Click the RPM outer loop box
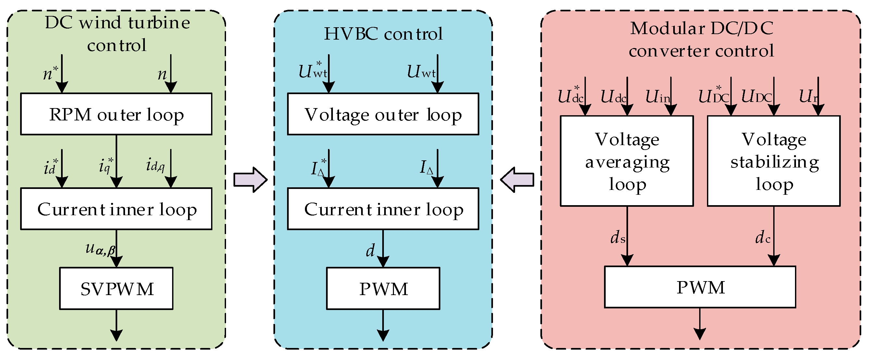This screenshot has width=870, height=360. point(116,114)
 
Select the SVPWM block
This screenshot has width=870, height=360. point(116,288)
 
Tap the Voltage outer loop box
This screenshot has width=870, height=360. point(383,114)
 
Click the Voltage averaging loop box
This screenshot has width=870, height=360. point(627,161)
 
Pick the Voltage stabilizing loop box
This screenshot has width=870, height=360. point(774,161)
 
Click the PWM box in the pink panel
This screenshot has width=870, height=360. point(700,287)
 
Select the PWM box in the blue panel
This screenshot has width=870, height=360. point(383,288)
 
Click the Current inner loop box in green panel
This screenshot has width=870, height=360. point(116,209)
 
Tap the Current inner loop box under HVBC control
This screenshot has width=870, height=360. point(383,209)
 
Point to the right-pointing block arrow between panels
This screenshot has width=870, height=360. point(250,180)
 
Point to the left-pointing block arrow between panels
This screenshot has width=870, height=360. point(517,180)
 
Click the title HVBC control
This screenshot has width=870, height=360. point(383,34)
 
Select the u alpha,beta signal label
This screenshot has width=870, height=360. point(100,249)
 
